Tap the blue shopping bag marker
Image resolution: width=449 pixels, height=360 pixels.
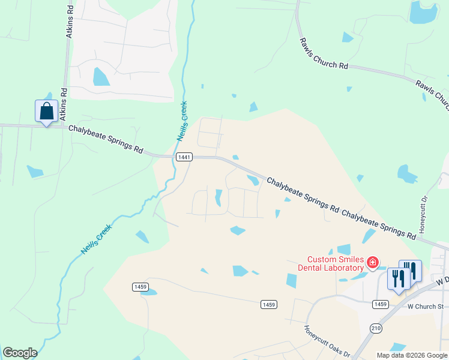click(x=46, y=112)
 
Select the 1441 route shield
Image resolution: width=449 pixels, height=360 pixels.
click(x=184, y=157)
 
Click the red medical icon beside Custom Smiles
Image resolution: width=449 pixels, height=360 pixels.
click(x=373, y=262)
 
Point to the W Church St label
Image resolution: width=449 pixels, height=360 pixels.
click(x=425, y=307)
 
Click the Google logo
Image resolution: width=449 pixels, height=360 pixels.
click(x=20, y=353)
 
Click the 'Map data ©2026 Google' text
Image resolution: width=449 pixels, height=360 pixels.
click(x=412, y=355)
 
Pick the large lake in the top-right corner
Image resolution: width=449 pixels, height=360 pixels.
click(x=426, y=13)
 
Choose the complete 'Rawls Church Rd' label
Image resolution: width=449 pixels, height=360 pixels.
click(x=324, y=54)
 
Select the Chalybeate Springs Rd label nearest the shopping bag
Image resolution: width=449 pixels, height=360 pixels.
click(x=105, y=139)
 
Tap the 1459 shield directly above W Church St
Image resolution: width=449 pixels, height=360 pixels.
click(x=380, y=304)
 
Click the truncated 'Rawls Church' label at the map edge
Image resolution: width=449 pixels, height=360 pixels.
click(x=432, y=93)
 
